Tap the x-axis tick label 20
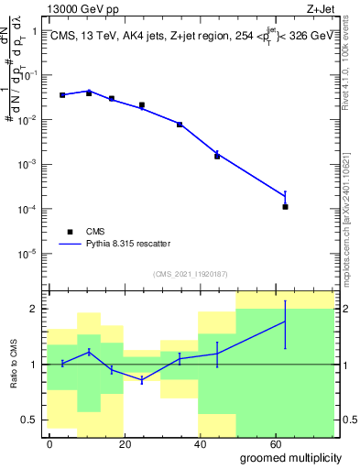coord(123,444)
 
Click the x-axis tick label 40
coord(198,444)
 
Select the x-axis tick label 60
coord(272,444)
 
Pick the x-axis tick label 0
coord(49,444)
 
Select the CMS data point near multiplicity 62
coord(286,207)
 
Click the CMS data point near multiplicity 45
coord(217,157)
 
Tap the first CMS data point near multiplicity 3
coord(62,95)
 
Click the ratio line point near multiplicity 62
coord(286,322)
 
